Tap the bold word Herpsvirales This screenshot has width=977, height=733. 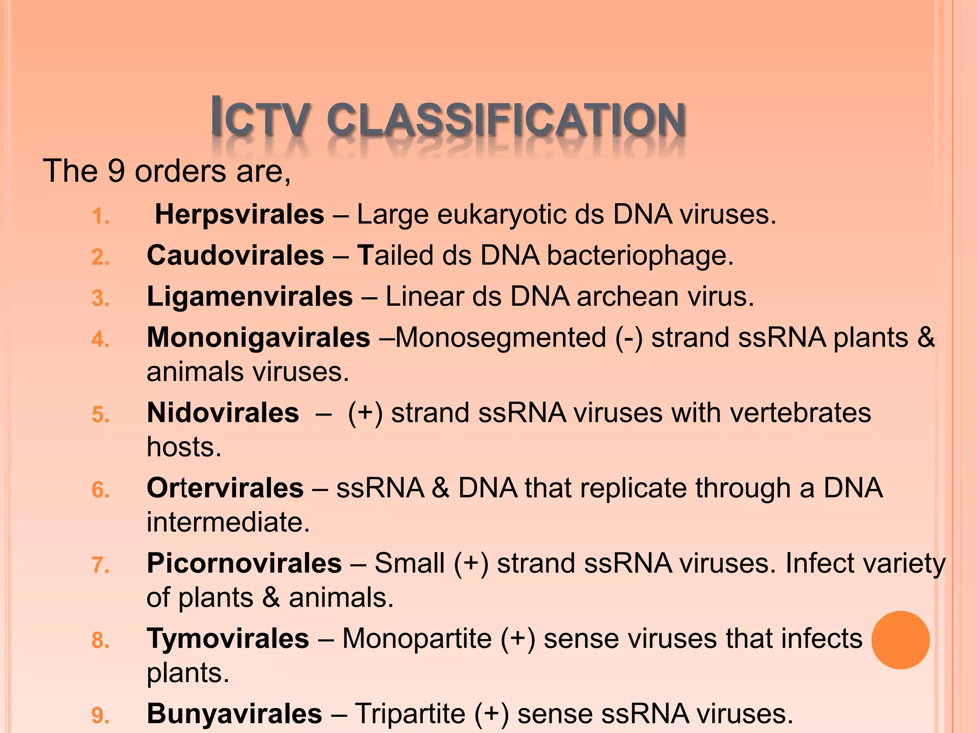(239, 214)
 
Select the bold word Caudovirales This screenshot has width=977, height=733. (235, 255)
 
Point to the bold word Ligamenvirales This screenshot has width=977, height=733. (249, 296)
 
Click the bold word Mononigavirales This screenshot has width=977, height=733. (258, 337)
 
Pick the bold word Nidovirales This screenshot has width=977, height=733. (223, 412)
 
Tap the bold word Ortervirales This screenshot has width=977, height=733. (225, 488)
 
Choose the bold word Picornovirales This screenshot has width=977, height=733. (244, 563)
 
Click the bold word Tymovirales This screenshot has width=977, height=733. (228, 639)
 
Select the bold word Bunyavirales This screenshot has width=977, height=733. (234, 714)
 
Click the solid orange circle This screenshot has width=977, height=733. (900, 640)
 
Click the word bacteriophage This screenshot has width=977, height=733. (639, 255)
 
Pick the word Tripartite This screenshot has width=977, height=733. (410, 714)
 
